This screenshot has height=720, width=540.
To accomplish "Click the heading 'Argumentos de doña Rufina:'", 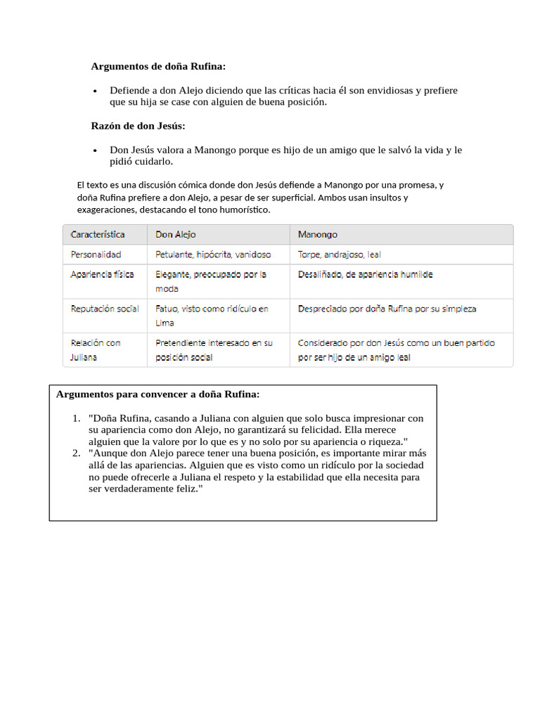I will pyautogui.click(x=158, y=67).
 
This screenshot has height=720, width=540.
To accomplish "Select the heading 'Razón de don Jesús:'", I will pyautogui.click(x=138, y=126).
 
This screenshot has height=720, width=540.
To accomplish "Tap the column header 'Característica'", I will pyautogui.click(x=98, y=234).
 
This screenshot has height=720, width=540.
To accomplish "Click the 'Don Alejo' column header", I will pyautogui.click(x=176, y=234).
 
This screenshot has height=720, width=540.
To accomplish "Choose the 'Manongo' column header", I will pyautogui.click(x=318, y=234).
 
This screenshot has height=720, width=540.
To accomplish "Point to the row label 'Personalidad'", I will pyautogui.click(x=96, y=255).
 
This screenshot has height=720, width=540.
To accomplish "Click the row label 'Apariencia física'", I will pyautogui.click(x=102, y=274).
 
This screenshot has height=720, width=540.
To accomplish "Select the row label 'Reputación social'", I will pyautogui.click(x=105, y=309).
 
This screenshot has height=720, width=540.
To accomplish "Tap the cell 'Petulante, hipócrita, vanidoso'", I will pyautogui.click(x=212, y=255).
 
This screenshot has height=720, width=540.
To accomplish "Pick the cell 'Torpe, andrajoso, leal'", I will pyautogui.click(x=339, y=255).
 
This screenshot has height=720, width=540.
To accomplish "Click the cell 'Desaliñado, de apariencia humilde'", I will pyautogui.click(x=365, y=274).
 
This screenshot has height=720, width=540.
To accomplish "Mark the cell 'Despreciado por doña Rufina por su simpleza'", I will pyautogui.click(x=387, y=309).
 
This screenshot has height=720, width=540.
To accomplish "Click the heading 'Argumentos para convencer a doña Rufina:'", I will pyautogui.click(x=158, y=394).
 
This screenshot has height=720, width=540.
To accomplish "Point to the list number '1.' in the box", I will pyautogui.click(x=77, y=418).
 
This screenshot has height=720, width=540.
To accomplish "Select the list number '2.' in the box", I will pyautogui.click(x=77, y=454).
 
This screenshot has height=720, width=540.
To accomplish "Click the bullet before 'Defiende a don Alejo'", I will pyautogui.click(x=96, y=91).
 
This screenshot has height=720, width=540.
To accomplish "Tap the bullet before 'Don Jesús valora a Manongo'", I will pyautogui.click(x=96, y=150).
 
